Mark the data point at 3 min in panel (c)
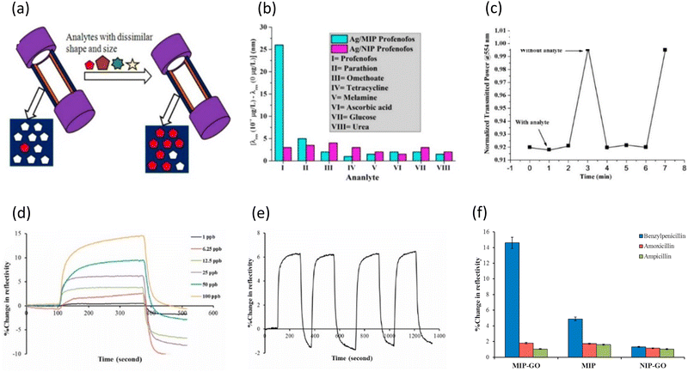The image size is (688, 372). [587, 50]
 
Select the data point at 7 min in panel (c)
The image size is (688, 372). [665, 50]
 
